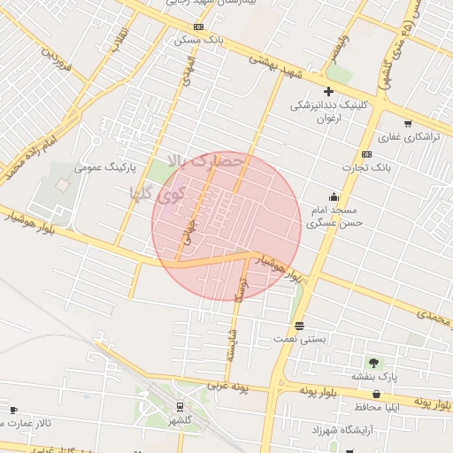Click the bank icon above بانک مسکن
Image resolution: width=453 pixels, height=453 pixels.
tap(198, 27)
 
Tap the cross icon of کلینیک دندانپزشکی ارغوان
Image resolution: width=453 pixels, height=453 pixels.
tap(328, 91)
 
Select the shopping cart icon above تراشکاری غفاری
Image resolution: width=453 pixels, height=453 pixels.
tap(407, 123)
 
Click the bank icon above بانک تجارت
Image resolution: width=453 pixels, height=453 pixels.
tap(366, 154)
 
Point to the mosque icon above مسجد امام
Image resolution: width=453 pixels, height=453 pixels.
tap(334, 196)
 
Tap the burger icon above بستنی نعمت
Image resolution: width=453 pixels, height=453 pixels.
tap(300, 325)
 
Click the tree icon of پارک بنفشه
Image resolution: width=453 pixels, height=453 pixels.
tap(372, 363)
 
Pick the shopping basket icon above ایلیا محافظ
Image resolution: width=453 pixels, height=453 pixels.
tap(377, 394)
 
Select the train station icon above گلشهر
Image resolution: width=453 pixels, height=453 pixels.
tap(180, 407)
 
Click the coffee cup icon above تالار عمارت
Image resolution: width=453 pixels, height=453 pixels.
tap(13, 410)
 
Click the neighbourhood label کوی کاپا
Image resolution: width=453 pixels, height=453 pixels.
tap(148, 192)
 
